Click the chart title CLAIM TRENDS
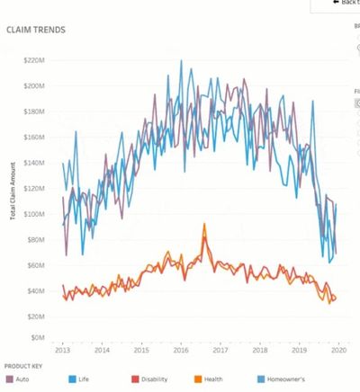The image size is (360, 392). pos(35,30)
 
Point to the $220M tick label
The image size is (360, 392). pos(33,60)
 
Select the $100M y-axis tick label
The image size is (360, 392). pos(33,214)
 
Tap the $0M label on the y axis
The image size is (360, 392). pos(37,338)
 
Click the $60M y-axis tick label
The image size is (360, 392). pos(35,265)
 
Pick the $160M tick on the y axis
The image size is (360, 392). pos(33,138)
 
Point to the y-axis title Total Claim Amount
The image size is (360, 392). pos(13,198)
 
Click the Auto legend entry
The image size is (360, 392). pos(19,380)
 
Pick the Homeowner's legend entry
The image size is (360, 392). pos(286,380)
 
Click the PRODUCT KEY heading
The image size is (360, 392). pos(23,367)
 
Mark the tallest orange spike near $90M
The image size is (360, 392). pos(204,225)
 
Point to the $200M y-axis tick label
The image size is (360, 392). pos(33,86)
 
